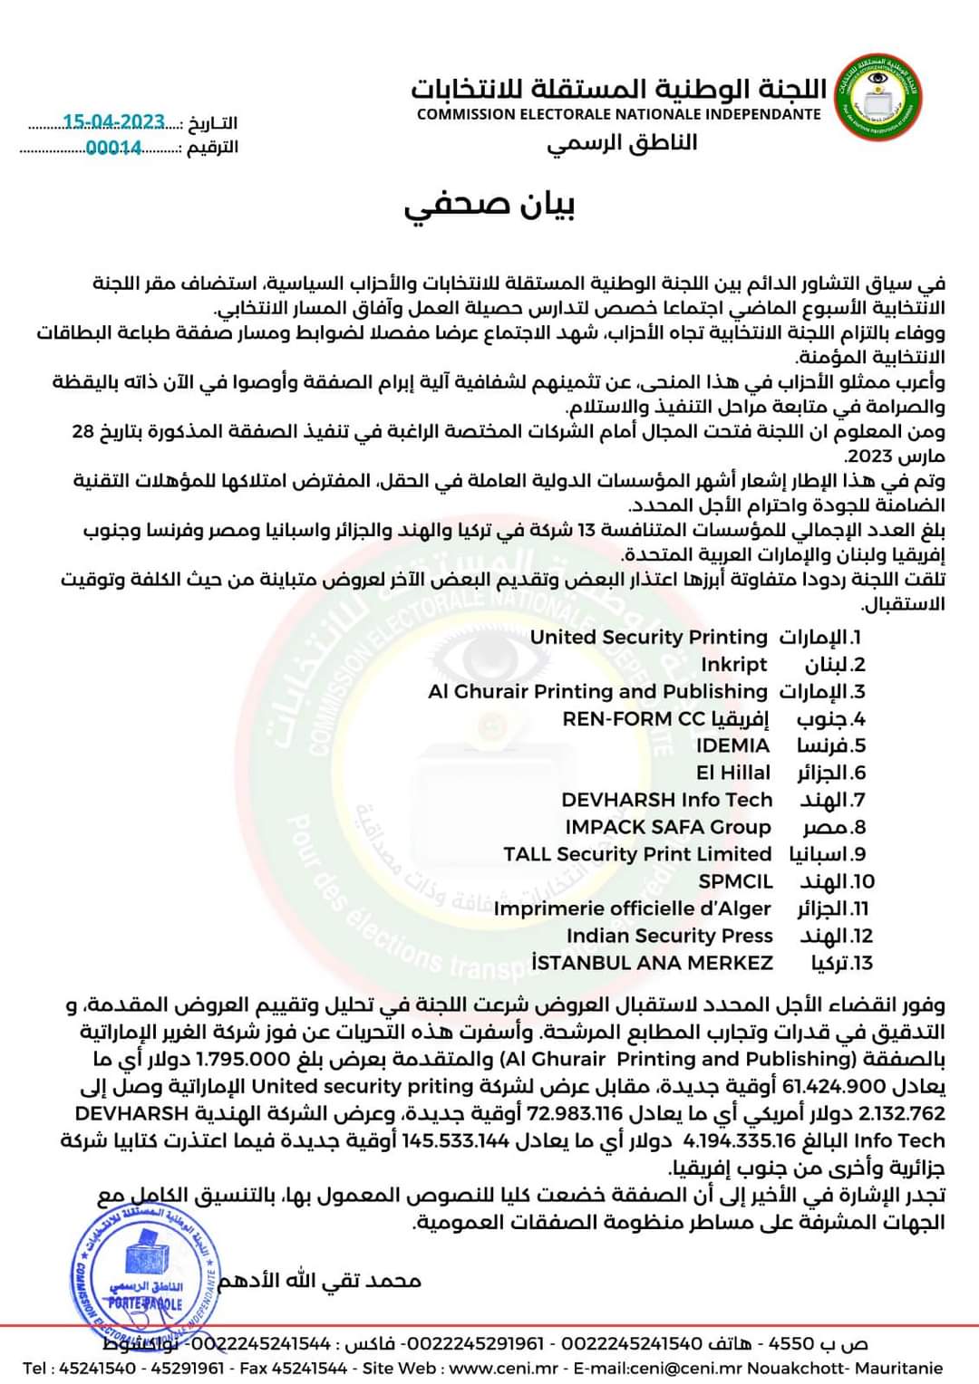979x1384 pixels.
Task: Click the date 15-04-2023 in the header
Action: click(114, 122)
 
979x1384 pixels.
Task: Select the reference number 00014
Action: click(113, 148)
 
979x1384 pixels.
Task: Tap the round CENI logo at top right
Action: click(875, 97)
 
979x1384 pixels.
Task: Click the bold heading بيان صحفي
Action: click(489, 206)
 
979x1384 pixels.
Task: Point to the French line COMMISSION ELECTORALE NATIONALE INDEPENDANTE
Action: click(618, 114)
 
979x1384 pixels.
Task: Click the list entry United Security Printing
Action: click(648, 637)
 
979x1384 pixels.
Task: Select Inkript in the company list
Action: click(733, 664)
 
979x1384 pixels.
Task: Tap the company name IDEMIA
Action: click(732, 745)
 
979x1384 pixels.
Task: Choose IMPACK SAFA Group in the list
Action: click(667, 827)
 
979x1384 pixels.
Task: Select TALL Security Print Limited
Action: click(637, 854)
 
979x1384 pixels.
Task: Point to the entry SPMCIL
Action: click(735, 881)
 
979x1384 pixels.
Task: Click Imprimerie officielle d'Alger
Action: click(632, 908)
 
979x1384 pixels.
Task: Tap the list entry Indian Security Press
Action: click(669, 936)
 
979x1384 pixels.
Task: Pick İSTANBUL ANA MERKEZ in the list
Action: click(652, 963)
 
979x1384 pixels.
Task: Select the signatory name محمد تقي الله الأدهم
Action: click(319, 1280)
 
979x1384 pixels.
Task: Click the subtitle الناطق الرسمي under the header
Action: click(622, 143)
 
